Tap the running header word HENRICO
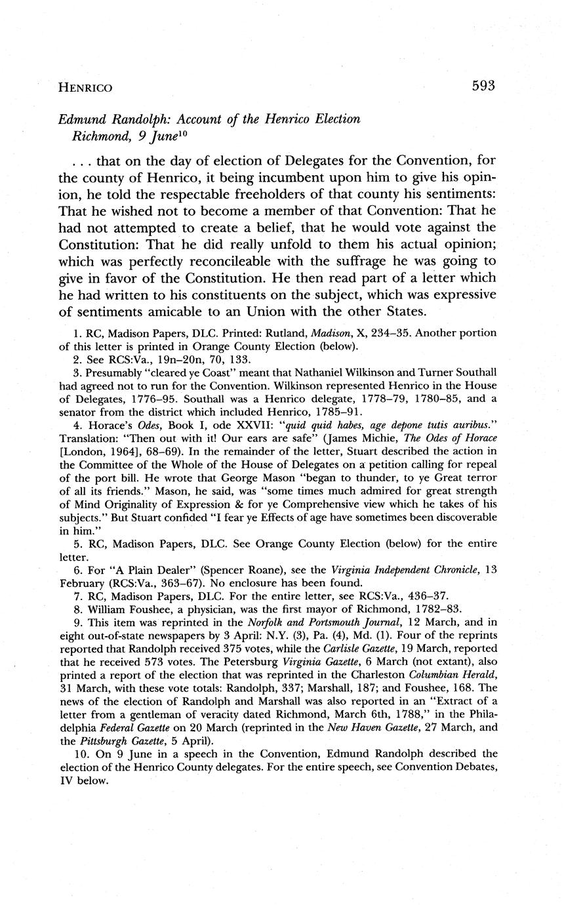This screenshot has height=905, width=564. (85, 87)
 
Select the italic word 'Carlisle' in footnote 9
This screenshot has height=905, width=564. (353, 648)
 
